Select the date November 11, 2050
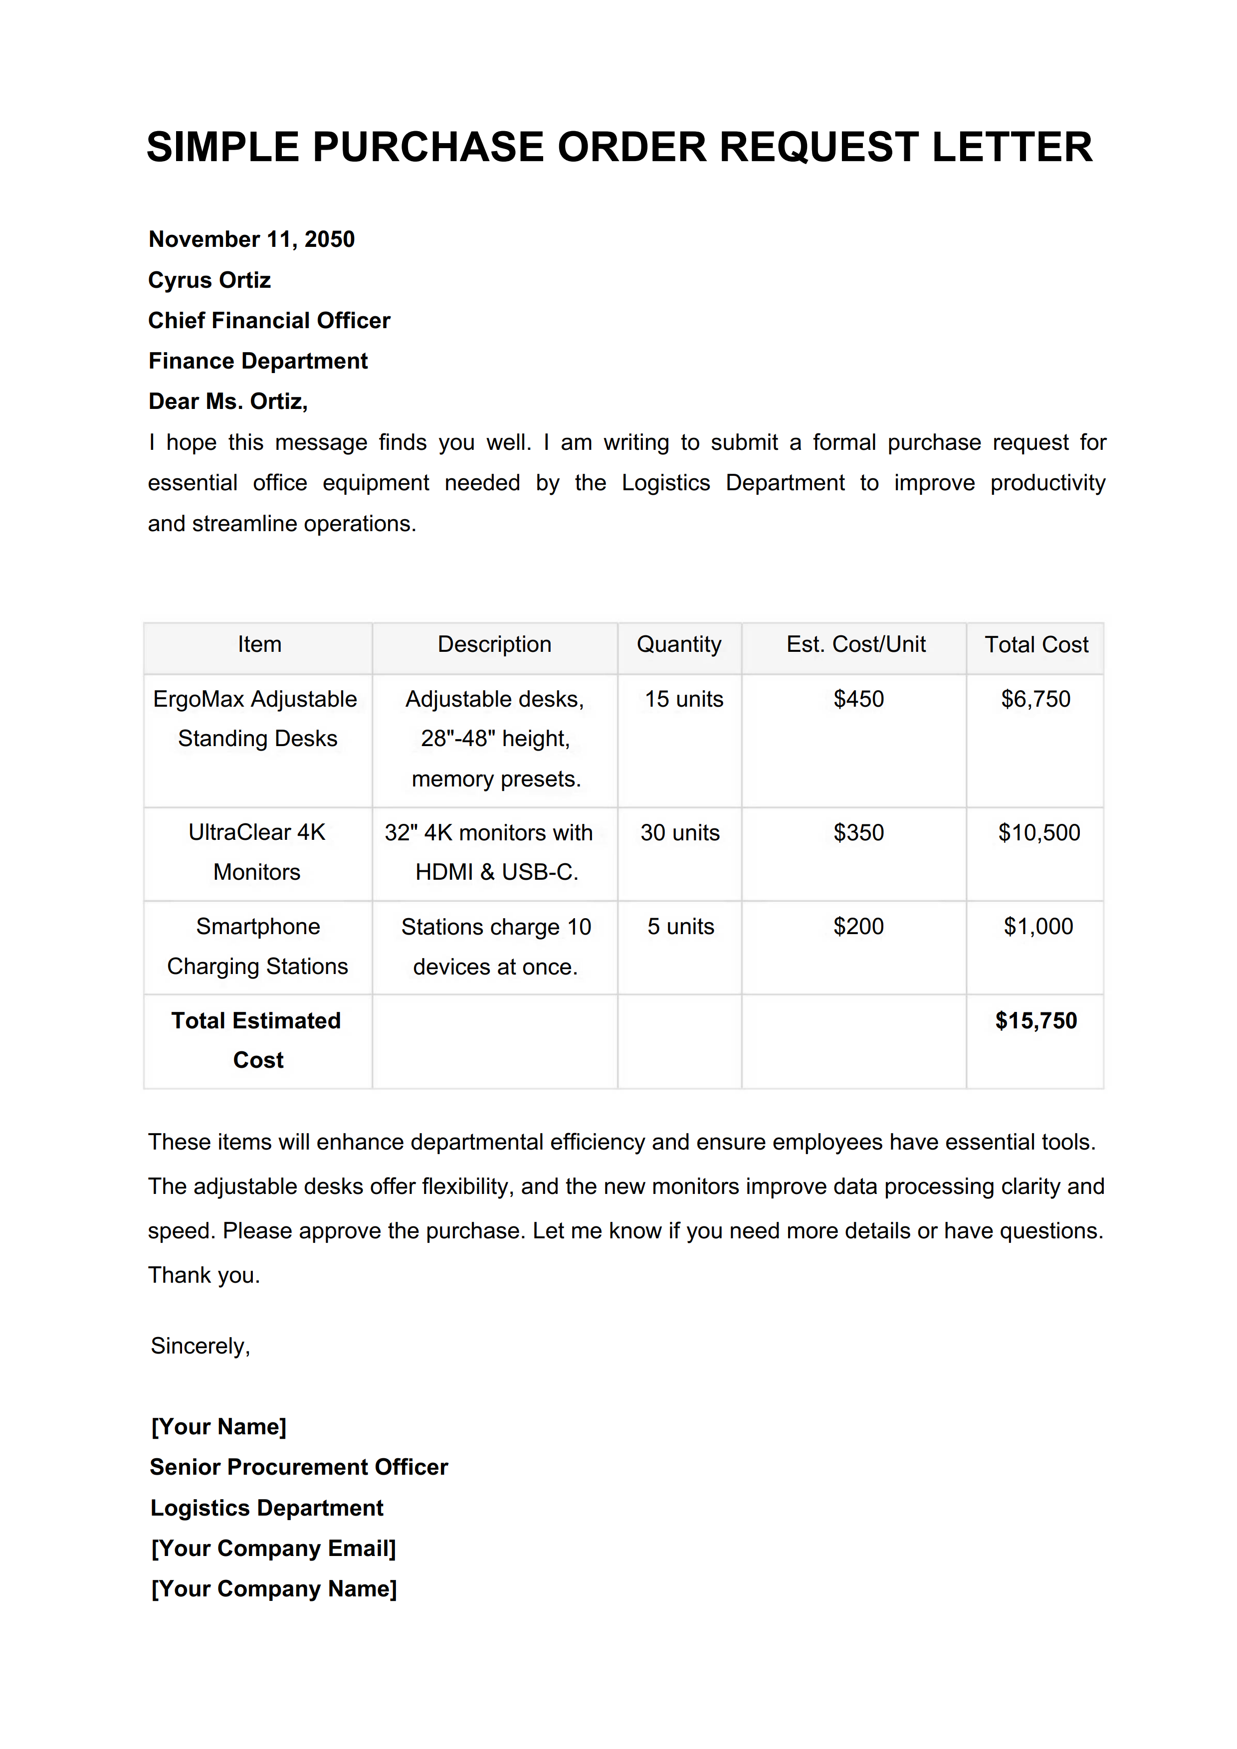[251, 239]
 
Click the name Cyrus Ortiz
[209, 280]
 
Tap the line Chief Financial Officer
[269, 321]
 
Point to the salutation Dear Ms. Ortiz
[228, 401]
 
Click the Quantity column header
[679, 644]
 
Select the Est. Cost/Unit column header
[855, 644]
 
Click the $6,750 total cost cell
[1035, 699]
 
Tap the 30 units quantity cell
[679, 832]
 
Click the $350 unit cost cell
[858, 832]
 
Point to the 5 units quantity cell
[680, 926]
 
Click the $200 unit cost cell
[858, 926]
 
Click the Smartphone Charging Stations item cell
[257, 946]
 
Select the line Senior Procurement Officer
[299, 1467]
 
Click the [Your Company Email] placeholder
[273, 1549]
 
